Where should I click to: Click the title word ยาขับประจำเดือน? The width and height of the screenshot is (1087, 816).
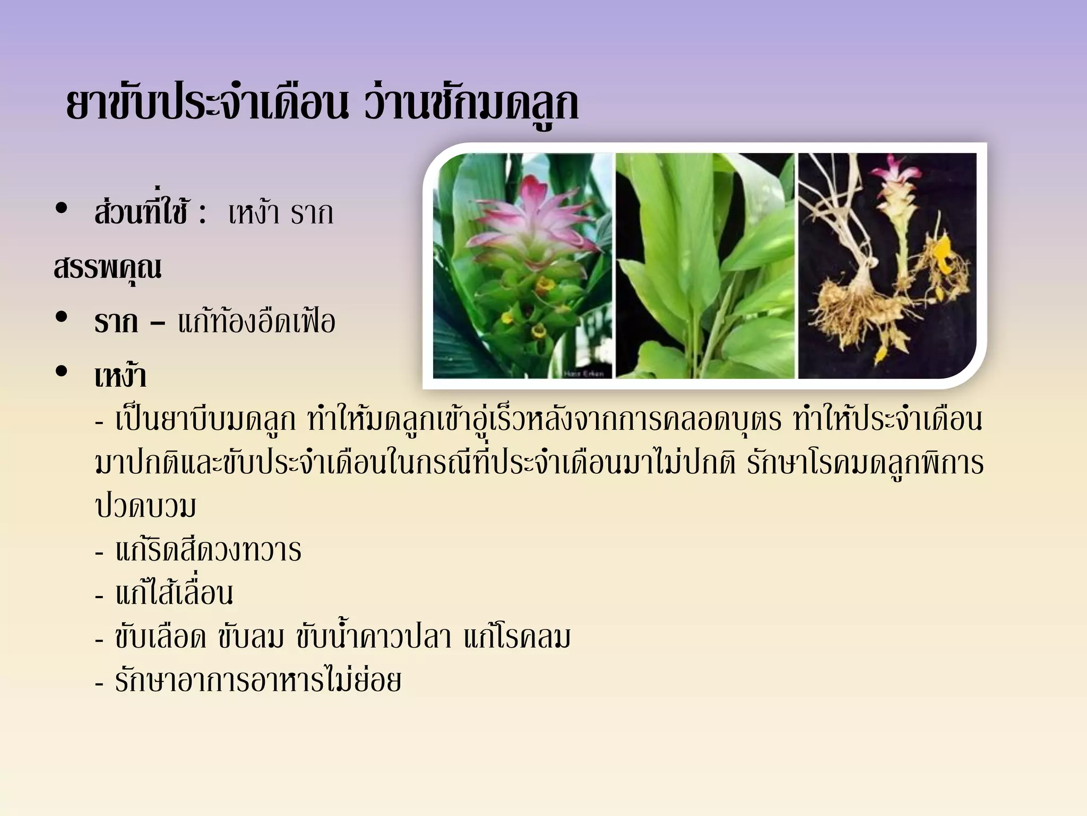207,105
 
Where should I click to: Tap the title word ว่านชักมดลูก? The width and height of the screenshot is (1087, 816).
471,105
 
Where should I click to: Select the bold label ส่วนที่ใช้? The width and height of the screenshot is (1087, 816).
141,212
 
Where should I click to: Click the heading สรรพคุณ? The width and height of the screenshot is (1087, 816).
108,268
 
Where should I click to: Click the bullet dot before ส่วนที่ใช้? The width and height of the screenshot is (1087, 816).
62,208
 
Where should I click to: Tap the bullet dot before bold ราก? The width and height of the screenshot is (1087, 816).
62,317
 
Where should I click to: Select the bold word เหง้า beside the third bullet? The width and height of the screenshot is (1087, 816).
120,376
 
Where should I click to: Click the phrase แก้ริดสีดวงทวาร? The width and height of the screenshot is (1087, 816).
208,550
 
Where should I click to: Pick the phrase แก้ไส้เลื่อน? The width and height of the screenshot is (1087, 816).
174,593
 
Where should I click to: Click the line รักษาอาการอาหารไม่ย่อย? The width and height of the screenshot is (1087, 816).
258,681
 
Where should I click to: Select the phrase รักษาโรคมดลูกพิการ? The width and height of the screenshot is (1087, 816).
865,463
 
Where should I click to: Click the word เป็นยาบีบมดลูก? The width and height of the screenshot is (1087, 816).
205,420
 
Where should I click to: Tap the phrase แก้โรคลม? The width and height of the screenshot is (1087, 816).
517,636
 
